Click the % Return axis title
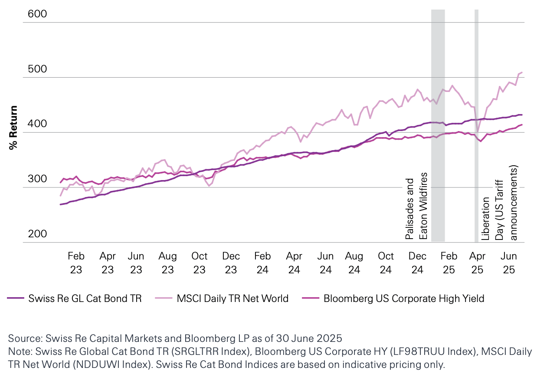pyautogui.click(x=13, y=128)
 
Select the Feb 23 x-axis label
pyautogui.click(x=76, y=263)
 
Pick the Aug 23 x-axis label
pyautogui.click(x=168, y=263)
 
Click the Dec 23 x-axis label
pyautogui.click(x=231, y=263)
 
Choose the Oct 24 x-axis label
pyautogui.click(x=386, y=263)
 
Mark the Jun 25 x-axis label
pyautogui.click(x=508, y=263)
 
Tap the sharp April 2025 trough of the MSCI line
pyautogui.click(x=478, y=132)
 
